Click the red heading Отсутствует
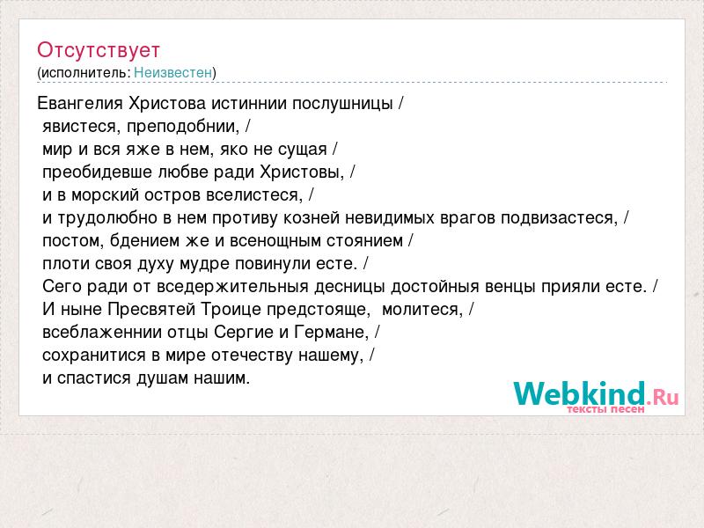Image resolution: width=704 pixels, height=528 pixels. (99, 50)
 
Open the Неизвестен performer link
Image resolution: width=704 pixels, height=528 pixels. (172, 72)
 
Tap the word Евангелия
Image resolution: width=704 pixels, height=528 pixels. (80, 104)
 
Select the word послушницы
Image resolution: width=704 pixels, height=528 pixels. (342, 104)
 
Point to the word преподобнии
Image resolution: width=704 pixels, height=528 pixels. (183, 127)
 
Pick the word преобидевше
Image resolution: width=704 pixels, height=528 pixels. (98, 172)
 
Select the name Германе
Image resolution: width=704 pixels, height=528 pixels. (332, 333)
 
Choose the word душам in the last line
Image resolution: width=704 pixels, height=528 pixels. (163, 378)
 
